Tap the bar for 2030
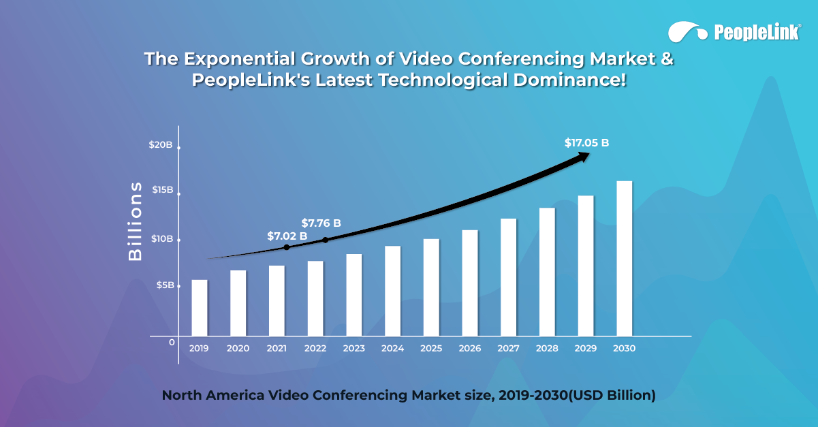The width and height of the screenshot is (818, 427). tap(625, 259)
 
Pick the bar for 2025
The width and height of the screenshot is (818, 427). tap(431, 287)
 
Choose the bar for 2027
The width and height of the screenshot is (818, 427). tap(509, 277)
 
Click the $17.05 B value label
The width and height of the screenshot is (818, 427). tap(586, 143)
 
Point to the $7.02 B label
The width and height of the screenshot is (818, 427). tap(287, 236)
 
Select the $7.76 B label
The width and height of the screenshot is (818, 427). tap(321, 223)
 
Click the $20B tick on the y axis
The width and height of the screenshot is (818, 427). tap(160, 145)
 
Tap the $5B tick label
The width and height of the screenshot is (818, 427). tap(164, 285)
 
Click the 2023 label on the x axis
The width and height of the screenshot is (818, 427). tap(353, 349)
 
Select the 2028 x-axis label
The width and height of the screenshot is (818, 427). tap(547, 349)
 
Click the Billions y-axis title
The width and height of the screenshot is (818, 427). tap(136, 221)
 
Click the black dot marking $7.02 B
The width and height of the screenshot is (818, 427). tap(286, 247)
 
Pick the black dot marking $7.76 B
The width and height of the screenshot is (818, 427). tap(325, 240)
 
